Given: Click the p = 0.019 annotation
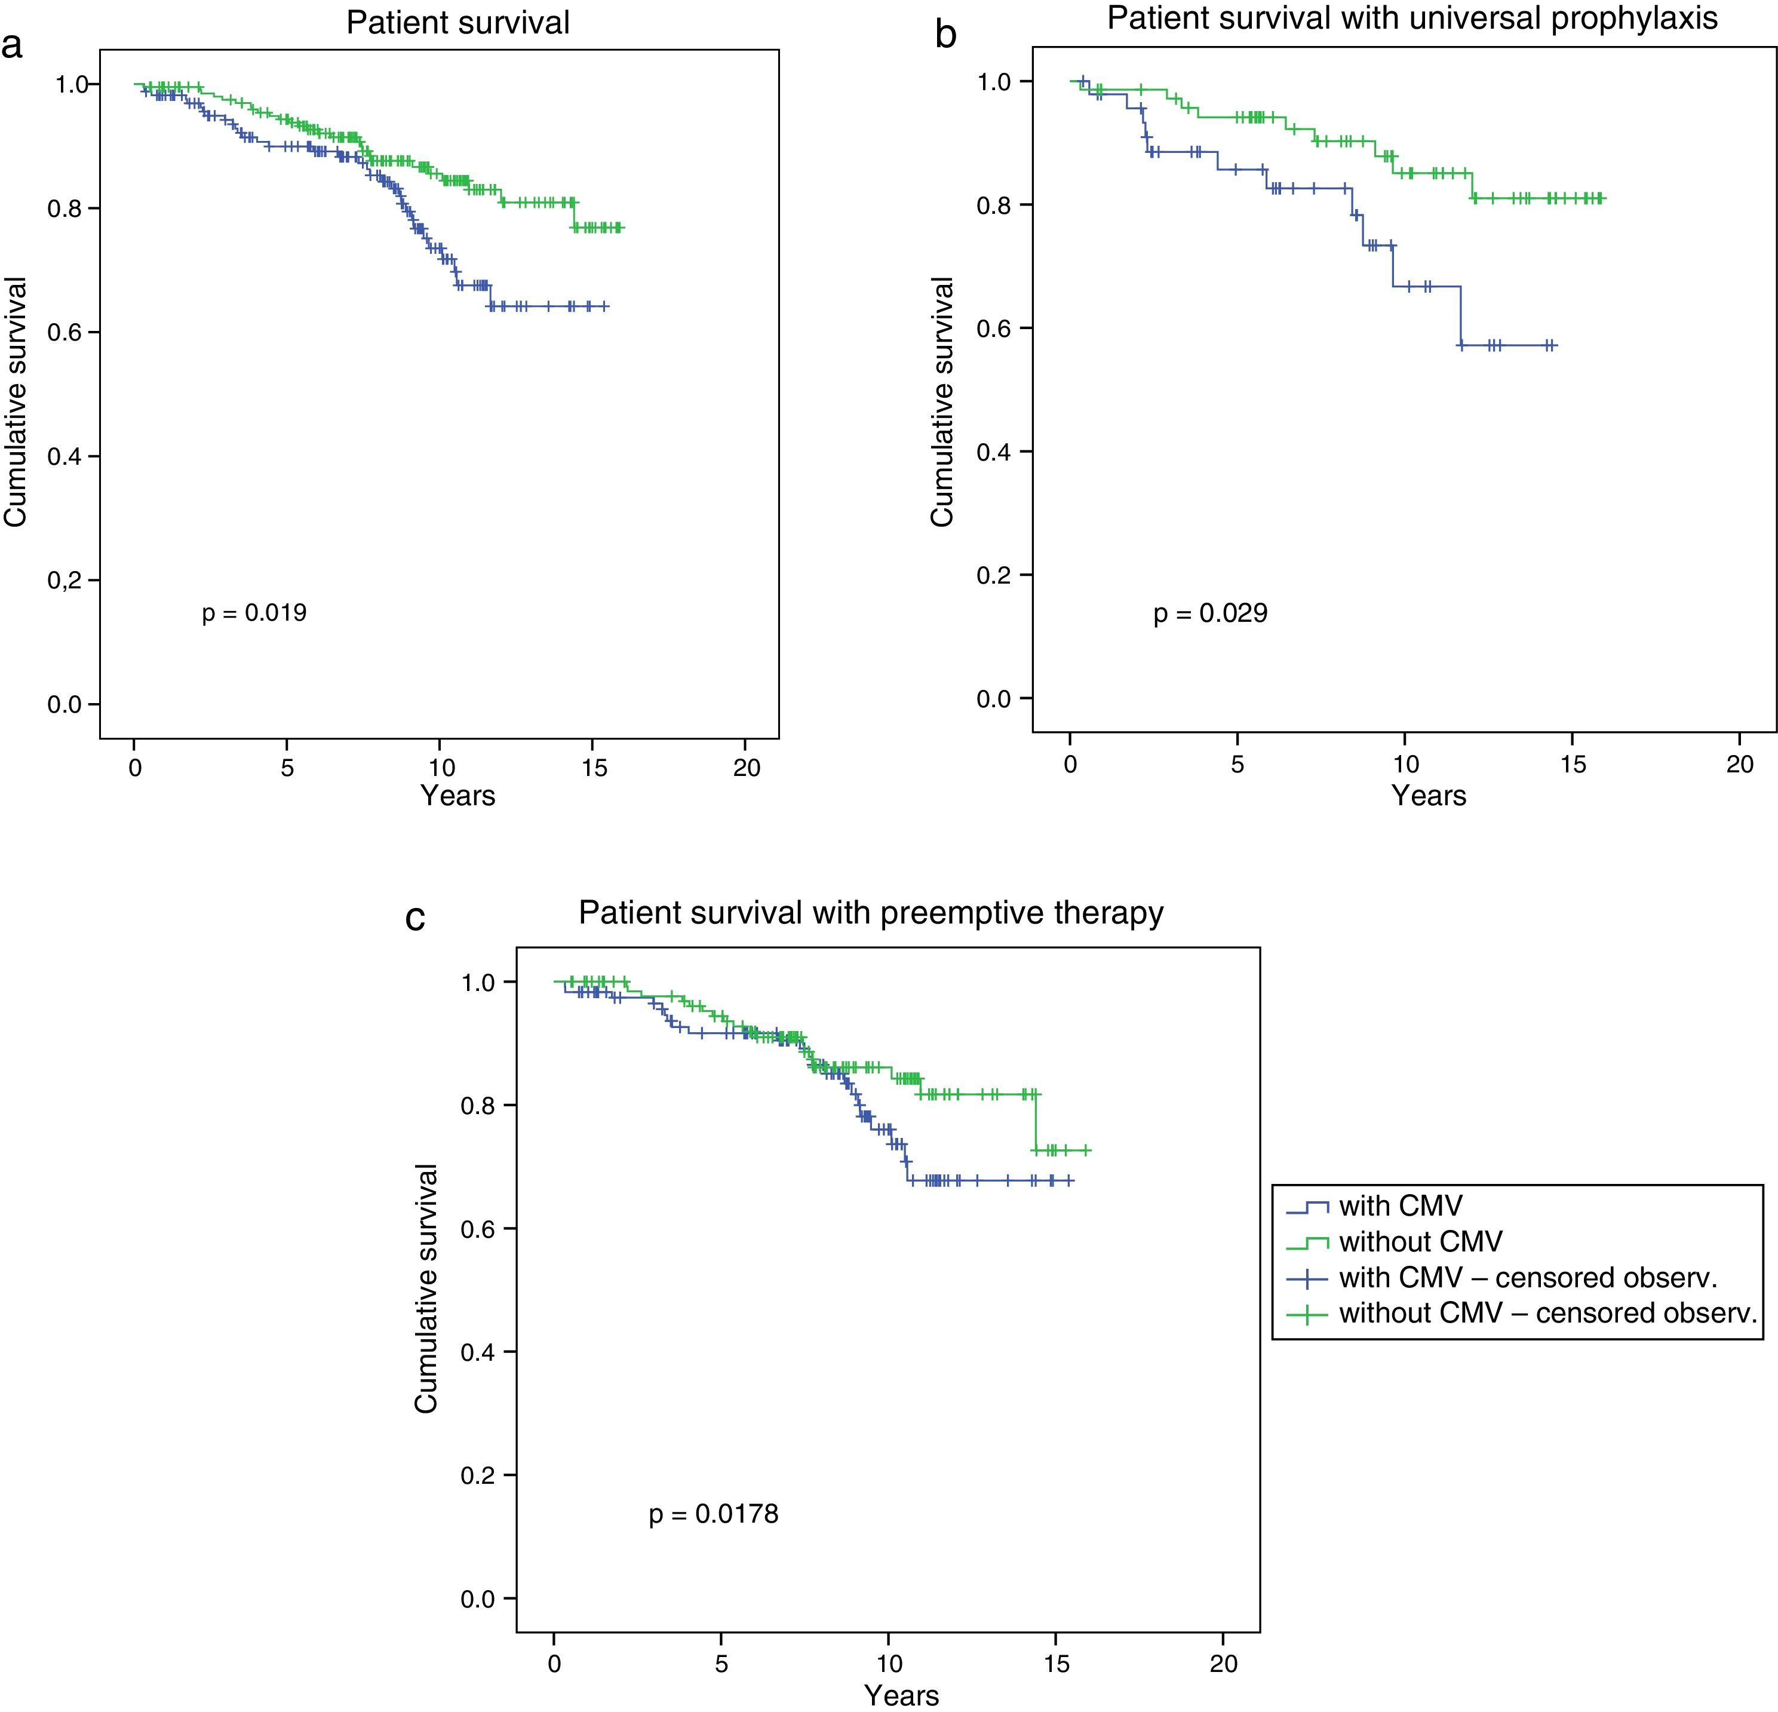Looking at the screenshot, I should (x=254, y=614).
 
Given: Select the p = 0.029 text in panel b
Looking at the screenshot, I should (x=1210, y=614).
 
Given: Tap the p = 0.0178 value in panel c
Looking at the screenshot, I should (x=713, y=1514).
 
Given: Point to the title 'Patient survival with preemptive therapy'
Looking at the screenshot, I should (x=871, y=913).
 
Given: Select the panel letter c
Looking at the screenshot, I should (x=416, y=918).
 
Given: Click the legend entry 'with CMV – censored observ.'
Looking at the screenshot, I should (x=1528, y=1277).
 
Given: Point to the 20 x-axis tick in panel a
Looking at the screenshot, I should (x=746, y=768).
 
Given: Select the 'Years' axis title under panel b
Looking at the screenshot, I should (x=1429, y=796).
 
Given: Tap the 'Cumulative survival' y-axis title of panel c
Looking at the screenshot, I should (x=426, y=1288).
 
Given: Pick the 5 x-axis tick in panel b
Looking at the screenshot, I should (x=1237, y=764).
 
